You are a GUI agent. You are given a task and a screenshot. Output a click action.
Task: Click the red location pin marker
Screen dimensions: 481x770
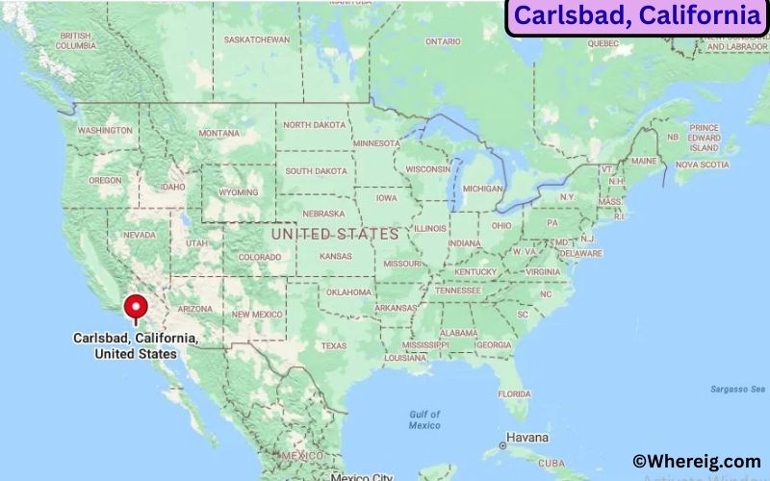point(136,308)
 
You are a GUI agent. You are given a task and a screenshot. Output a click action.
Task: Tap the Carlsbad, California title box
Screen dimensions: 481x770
point(636,16)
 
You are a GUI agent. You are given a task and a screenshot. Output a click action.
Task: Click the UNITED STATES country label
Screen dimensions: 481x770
point(335,234)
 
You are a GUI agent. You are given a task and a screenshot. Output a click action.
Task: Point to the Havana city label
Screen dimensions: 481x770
point(526,438)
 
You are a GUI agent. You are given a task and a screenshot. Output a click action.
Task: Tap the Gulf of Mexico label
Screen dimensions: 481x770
point(423,419)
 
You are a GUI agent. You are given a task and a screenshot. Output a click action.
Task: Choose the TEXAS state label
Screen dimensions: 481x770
point(334,345)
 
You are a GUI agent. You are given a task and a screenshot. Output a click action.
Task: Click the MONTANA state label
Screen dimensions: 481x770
point(218,133)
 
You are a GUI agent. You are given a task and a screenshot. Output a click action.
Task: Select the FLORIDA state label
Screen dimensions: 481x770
point(514,393)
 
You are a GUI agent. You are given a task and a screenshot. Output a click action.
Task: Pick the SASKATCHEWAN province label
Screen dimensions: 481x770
point(257,39)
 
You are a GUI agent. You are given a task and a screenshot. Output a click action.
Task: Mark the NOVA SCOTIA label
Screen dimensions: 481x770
point(701,165)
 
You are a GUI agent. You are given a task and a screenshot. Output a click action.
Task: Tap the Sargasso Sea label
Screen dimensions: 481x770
point(733,389)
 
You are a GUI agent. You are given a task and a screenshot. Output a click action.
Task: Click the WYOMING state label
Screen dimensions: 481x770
point(238,191)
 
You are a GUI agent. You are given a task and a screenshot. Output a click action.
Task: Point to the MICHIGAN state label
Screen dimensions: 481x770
point(482,189)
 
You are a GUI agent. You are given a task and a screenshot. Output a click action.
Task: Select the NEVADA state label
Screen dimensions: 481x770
point(140,235)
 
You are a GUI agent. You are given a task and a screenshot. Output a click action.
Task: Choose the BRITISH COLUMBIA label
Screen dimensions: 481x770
point(75,40)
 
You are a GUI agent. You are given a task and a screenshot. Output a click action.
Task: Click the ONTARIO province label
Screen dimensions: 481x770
point(443,41)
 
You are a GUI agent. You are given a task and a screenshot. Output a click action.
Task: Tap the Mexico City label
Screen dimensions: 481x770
point(362,476)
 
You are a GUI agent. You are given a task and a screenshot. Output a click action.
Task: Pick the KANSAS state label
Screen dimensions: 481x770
point(336,257)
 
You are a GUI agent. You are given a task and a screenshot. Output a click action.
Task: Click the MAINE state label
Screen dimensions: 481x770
point(644,161)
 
